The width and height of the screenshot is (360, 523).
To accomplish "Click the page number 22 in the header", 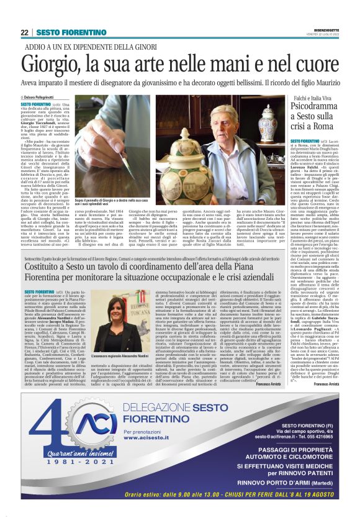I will click(25, 32).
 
